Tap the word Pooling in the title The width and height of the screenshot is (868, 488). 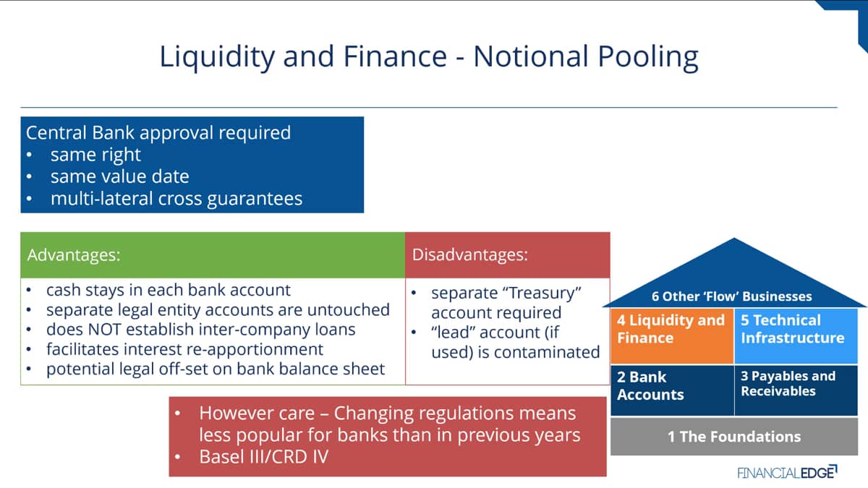click(648, 57)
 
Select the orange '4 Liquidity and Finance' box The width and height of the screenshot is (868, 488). click(672, 336)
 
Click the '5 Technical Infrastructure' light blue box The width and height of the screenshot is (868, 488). click(796, 336)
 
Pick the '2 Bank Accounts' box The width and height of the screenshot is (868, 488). click(672, 390)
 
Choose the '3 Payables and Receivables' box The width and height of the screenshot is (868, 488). click(796, 390)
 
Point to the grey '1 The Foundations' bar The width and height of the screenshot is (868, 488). click(734, 437)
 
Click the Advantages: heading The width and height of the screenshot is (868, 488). click(74, 254)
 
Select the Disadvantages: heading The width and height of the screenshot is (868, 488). click(470, 254)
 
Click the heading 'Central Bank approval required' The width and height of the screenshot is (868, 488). click(158, 132)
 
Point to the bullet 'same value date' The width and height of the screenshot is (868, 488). click(120, 176)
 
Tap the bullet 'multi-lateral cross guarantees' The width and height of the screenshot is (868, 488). click(176, 199)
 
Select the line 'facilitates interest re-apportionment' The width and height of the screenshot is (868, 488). click(184, 349)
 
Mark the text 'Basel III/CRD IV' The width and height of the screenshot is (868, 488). click(264, 457)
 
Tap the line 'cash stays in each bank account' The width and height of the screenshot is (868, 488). click(168, 290)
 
